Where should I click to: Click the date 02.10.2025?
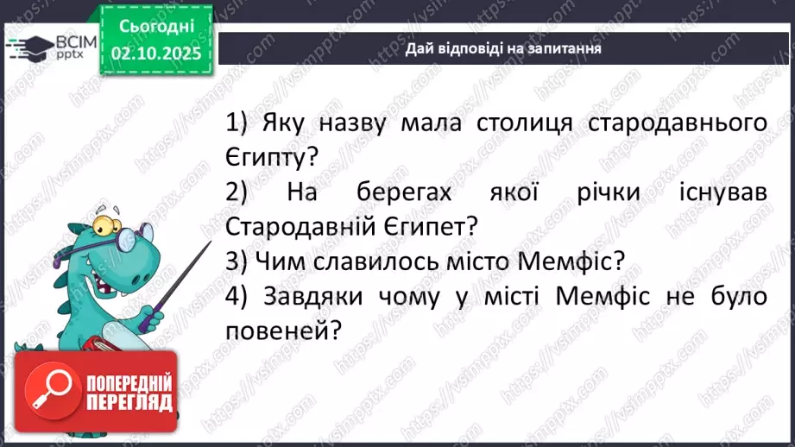[x=156, y=52]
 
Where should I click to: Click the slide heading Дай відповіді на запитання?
[x=504, y=48]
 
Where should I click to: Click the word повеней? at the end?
[x=280, y=331]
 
